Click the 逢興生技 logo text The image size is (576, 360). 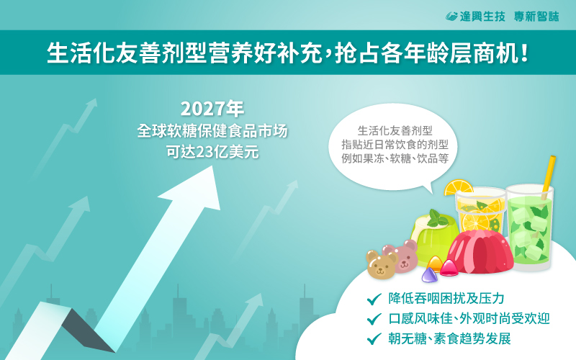click(x=482, y=17)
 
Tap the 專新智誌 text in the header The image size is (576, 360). click(x=536, y=17)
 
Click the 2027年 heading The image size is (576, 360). click(x=212, y=109)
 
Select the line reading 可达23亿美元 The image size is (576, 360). click(x=212, y=152)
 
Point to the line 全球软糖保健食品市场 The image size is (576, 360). click(x=212, y=131)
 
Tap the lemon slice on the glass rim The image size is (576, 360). click(x=458, y=187)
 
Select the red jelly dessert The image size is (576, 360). click(x=480, y=251)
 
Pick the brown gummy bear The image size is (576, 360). click(x=382, y=264)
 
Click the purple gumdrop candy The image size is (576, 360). click(x=429, y=275)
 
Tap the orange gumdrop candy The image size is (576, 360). click(x=435, y=264)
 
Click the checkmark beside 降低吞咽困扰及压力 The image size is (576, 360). click(x=374, y=299)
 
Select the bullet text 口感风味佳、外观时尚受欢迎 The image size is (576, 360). click(x=469, y=318)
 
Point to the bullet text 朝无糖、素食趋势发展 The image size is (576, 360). click(x=449, y=338)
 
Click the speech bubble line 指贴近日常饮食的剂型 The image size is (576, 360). click(x=395, y=145)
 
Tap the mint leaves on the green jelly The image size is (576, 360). click(x=437, y=218)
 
